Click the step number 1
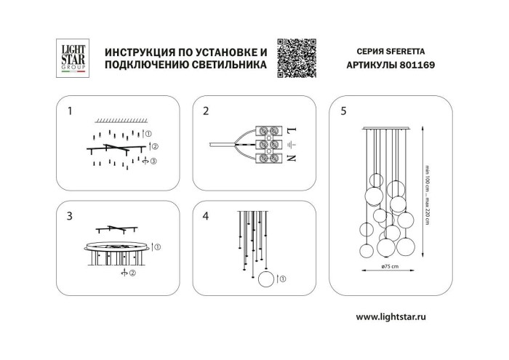point(70,111)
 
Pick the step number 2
point(206,111)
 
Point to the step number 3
point(70,216)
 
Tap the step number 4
point(206,216)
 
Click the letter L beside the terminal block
point(291,131)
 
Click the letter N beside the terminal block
point(291,159)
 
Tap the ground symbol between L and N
point(291,145)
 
